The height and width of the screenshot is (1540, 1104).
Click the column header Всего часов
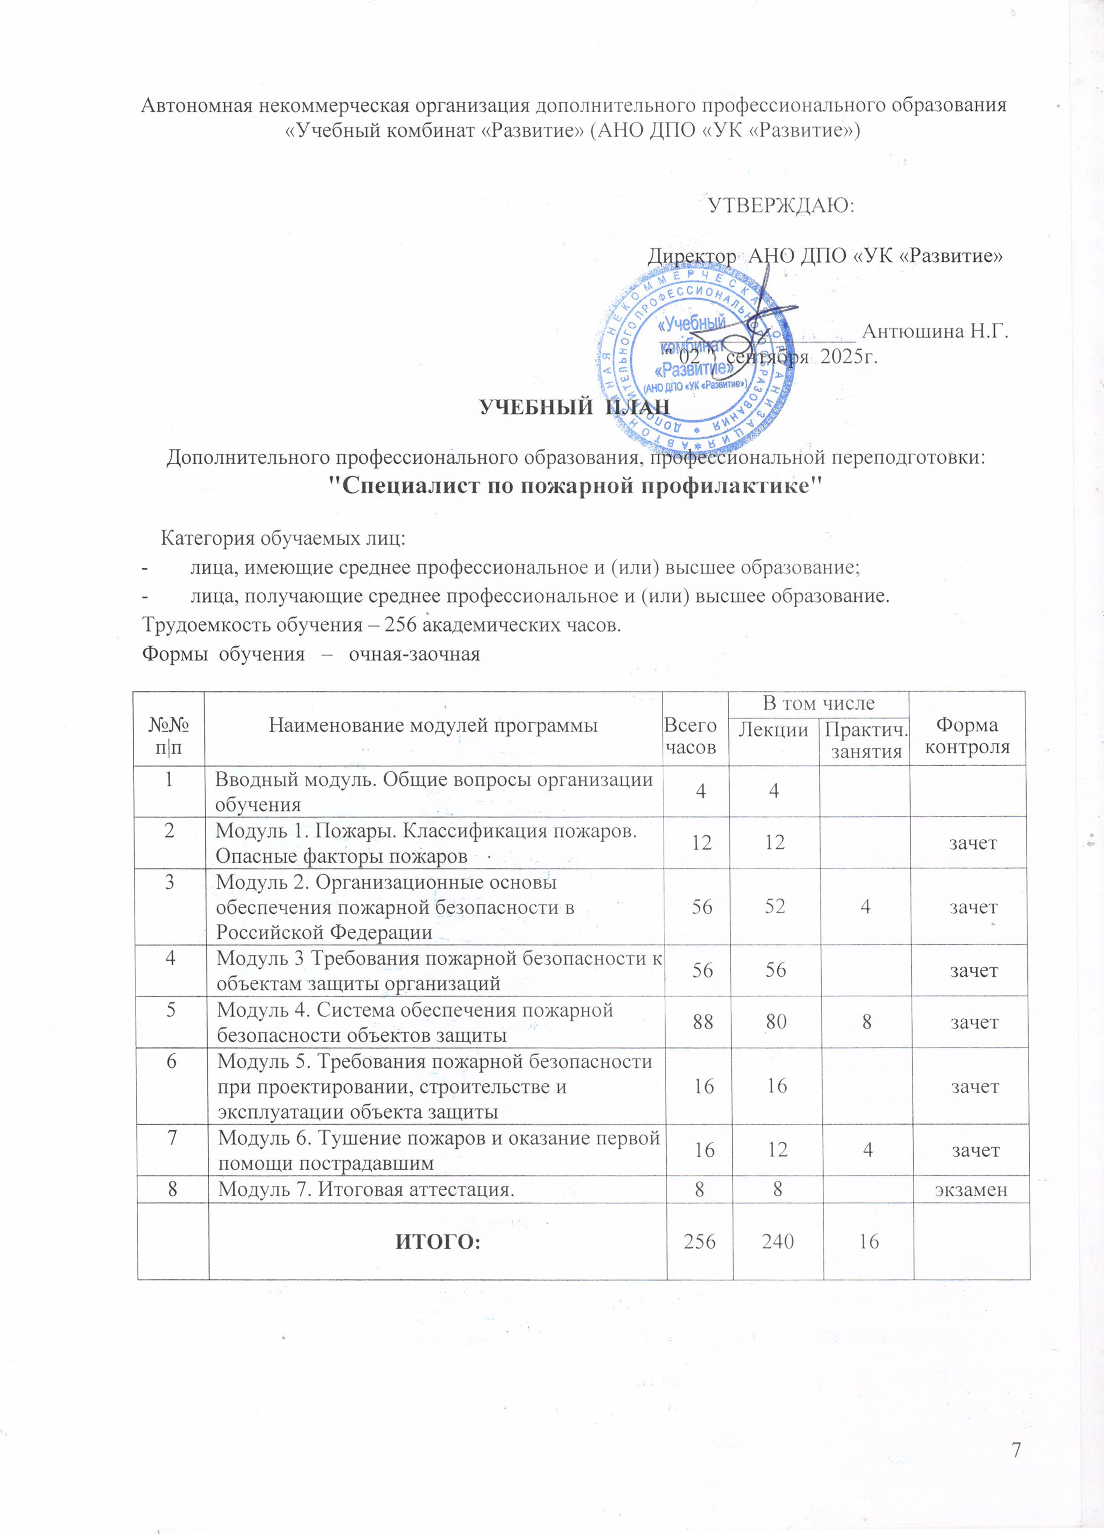690,736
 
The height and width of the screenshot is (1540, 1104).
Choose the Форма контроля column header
967,736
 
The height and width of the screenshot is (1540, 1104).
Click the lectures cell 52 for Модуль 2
775,906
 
